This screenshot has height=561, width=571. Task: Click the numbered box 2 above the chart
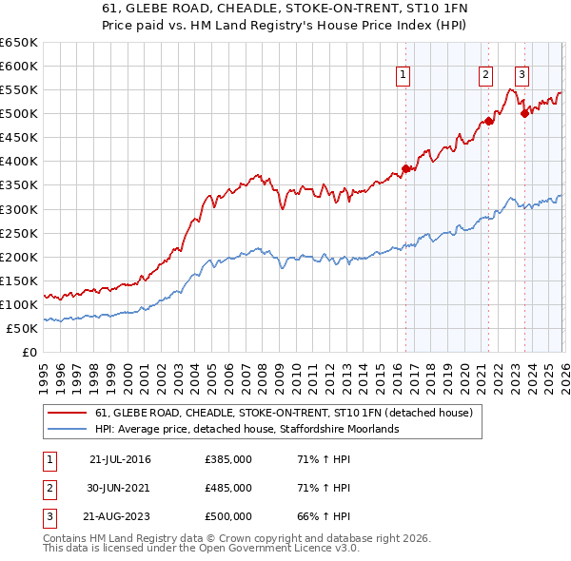point(485,74)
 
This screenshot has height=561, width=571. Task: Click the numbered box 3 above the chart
point(522,74)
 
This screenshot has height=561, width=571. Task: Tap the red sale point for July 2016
point(405,168)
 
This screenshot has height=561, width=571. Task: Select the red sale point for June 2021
point(488,121)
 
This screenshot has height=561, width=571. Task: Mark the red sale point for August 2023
point(524,114)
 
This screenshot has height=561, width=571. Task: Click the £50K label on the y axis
point(22,328)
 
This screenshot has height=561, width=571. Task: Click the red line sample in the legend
point(68,413)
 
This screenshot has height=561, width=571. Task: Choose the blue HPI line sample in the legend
point(68,429)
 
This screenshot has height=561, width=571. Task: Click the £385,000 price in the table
point(228,460)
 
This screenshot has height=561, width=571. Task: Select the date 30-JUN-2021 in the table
point(120,488)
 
